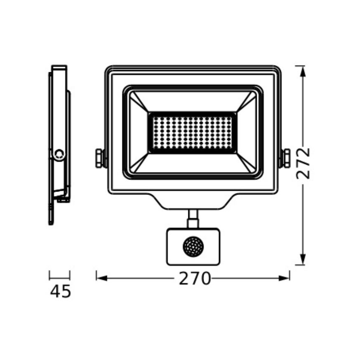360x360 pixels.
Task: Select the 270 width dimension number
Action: (195, 278)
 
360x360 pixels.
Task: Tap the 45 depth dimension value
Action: (60, 291)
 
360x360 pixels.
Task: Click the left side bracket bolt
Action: (99, 158)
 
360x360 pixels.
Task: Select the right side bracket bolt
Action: (286, 158)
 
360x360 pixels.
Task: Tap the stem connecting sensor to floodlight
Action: (192, 218)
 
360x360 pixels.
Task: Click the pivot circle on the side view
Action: (59, 154)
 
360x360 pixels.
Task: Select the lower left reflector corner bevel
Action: (139, 163)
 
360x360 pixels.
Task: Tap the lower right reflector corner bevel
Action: (247, 163)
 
